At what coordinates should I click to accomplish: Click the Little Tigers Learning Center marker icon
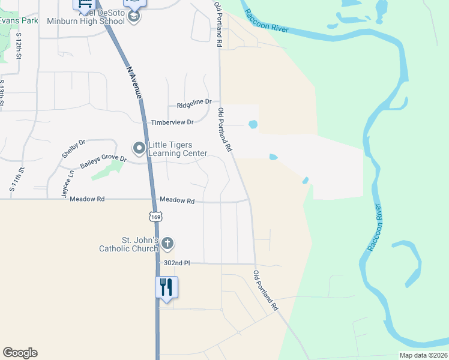click(139, 148)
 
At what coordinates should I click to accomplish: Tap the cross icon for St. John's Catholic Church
click(167, 244)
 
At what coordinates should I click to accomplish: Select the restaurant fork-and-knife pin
click(166, 286)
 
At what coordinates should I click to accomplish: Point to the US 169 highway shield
click(155, 216)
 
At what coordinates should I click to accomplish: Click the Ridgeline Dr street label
click(194, 104)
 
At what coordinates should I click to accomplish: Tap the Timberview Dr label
click(172, 122)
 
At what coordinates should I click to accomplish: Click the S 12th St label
click(19, 45)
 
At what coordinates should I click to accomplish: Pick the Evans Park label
click(19, 20)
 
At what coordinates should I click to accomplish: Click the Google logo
click(20, 353)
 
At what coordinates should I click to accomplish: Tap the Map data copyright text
click(423, 355)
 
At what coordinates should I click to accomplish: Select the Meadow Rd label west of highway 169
click(87, 199)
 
